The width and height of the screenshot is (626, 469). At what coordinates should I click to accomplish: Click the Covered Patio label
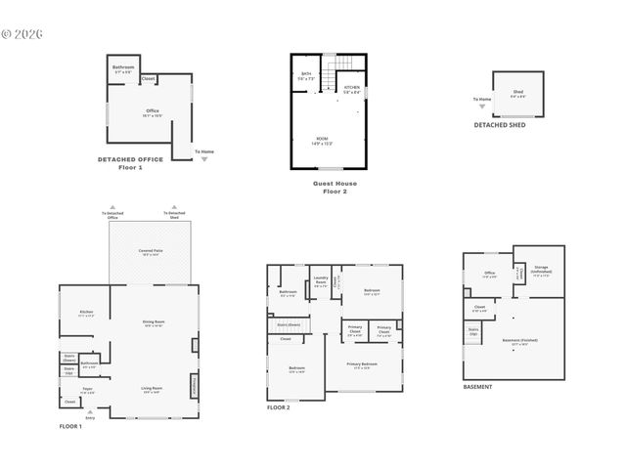tap(150, 251)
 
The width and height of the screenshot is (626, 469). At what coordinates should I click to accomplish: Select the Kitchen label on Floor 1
tap(86, 313)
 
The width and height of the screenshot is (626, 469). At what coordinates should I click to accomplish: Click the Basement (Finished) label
tap(519, 340)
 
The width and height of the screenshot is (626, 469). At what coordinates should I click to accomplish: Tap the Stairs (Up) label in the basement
tap(473, 331)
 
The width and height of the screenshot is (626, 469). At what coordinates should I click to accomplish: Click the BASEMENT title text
tap(478, 386)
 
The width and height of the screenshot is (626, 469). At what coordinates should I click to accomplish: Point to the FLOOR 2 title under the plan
tap(279, 406)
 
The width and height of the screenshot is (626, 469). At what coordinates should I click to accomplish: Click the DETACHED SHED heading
tap(499, 124)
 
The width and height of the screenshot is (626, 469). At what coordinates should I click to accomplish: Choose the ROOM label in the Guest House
tap(322, 140)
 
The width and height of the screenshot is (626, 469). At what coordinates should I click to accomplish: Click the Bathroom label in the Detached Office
tap(123, 67)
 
